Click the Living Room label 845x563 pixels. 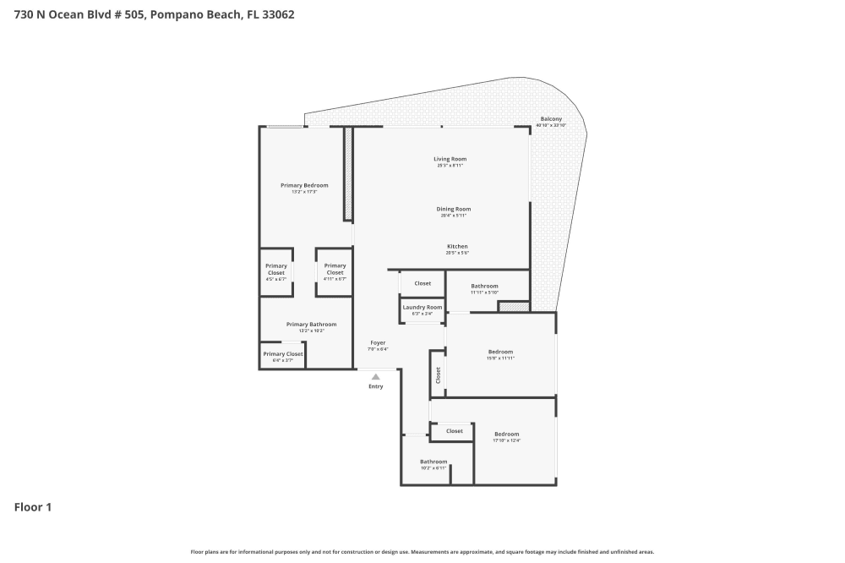pyautogui.click(x=450, y=159)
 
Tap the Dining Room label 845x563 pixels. pyautogui.click(x=453, y=209)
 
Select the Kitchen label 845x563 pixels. pyautogui.click(x=457, y=247)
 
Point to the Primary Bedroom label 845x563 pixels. pyautogui.click(x=304, y=185)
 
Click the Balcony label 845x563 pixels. pyautogui.click(x=551, y=119)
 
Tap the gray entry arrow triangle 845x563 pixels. pyautogui.click(x=376, y=376)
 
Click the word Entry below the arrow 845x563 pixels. pyautogui.click(x=376, y=386)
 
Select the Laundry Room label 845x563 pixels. pyautogui.click(x=422, y=307)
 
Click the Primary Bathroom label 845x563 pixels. pyautogui.click(x=311, y=325)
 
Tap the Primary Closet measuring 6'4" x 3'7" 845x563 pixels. pyautogui.click(x=282, y=354)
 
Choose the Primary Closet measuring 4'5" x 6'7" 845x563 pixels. pyautogui.click(x=276, y=270)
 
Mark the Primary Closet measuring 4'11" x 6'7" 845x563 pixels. pyautogui.click(x=335, y=270)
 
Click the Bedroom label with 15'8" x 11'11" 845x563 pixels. pyautogui.click(x=500, y=352)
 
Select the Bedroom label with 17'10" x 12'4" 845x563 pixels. pyautogui.click(x=506, y=434)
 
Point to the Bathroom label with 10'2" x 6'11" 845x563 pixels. pyautogui.click(x=433, y=462)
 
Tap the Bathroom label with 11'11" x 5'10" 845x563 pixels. pyautogui.click(x=484, y=286)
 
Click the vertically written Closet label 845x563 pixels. pyautogui.click(x=438, y=374)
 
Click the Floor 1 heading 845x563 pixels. pyautogui.click(x=33, y=507)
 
